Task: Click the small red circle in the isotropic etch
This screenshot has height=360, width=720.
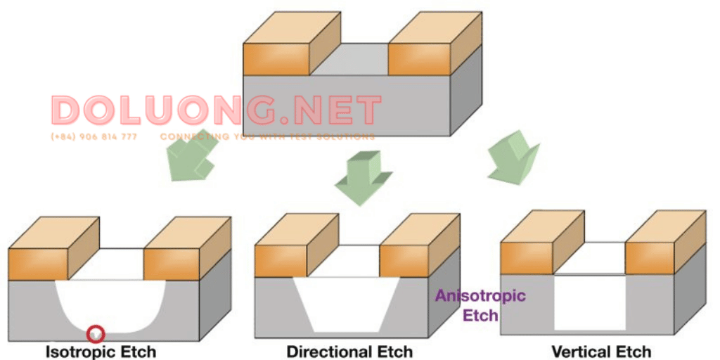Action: (x=95, y=333)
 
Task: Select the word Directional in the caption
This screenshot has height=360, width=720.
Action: (x=327, y=351)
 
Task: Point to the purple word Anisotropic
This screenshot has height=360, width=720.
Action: (x=480, y=296)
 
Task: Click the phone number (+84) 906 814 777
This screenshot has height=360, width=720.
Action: (x=94, y=136)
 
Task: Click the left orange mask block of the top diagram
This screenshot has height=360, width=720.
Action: (x=276, y=58)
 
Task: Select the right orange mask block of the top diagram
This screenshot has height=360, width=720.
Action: (x=419, y=58)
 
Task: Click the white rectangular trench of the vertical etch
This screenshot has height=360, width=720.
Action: (x=589, y=302)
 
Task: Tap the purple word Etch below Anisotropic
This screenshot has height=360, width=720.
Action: (x=480, y=314)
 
